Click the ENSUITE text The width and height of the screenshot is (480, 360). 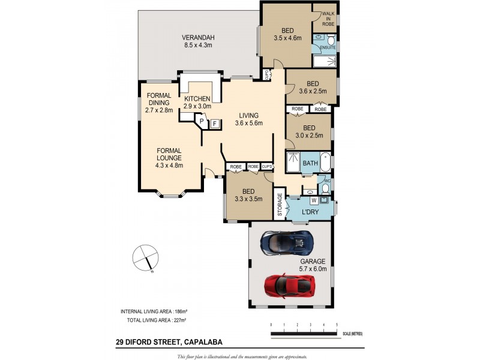coord(328,47)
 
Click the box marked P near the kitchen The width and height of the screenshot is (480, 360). coord(202,122)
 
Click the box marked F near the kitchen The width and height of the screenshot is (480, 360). coord(214,124)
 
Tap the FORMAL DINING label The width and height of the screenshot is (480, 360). coord(160,103)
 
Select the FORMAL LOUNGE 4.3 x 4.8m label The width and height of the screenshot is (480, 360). coord(170,158)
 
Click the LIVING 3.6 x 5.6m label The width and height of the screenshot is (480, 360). coord(248,119)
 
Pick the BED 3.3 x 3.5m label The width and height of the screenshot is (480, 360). coord(248,196)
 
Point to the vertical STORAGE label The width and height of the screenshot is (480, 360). coord(280,205)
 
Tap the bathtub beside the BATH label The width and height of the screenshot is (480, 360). coord(326,163)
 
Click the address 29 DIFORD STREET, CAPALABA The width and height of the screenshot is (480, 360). coord(169,343)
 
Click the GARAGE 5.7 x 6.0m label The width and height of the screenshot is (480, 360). coord(313,265)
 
